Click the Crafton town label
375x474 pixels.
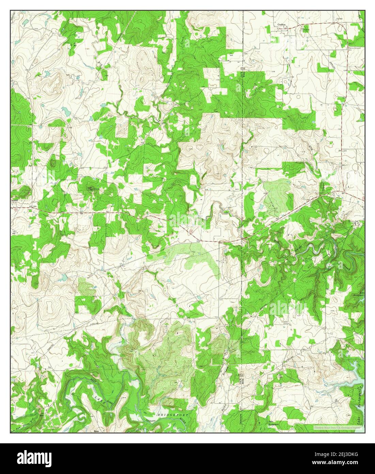tap(281, 25)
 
